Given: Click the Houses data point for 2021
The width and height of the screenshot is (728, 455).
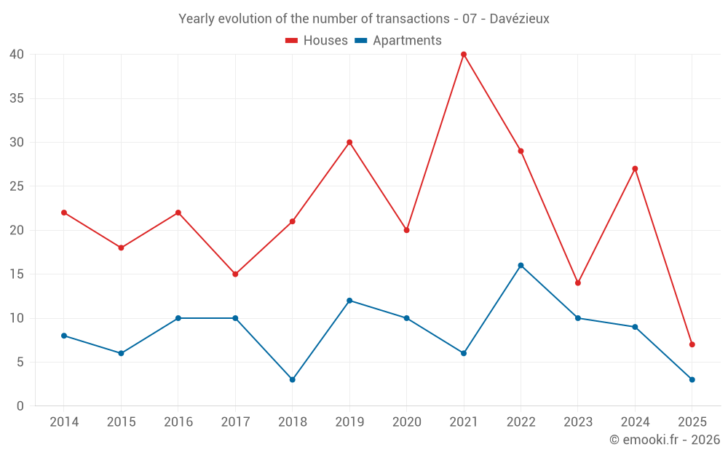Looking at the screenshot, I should [x=464, y=55].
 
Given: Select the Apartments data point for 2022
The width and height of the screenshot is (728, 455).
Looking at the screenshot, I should [x=521, y=266].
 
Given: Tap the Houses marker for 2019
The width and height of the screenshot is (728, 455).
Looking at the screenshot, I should [x=349, y=143].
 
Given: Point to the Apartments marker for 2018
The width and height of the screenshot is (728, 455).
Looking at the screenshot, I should [x=292, y=380].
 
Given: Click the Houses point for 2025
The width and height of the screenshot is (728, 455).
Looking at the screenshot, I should [x=692, y=344].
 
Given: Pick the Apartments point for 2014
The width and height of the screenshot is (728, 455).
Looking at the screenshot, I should [x=64, y=336].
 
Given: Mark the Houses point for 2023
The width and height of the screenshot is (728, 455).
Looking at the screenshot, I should [x=578, y=283].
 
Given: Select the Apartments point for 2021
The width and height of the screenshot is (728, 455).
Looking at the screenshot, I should [x=464, y=353].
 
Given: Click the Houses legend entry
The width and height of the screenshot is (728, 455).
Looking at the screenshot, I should [x=317, y=41].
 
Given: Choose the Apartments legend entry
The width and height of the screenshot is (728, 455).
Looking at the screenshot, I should [x=398, y=41].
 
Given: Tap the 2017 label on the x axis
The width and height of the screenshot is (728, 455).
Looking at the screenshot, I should [x=235, y=422].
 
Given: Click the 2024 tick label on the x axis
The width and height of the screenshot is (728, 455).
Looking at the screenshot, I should [x=635, y=422].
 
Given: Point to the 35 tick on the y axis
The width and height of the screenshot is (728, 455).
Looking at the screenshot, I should [x=17, y=98].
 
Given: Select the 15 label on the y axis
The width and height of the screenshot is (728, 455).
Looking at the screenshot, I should [x=17, y=274].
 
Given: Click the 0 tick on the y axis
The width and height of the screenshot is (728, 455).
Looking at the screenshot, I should [x=20, y=406].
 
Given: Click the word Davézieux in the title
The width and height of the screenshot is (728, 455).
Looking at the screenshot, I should [x=520, y=19].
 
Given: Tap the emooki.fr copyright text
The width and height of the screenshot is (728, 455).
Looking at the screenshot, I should [x=665, y=440].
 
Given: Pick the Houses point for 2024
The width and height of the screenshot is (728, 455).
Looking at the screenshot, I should [x=635, y=169].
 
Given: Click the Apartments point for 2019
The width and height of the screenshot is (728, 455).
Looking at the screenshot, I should [x=349, y=301].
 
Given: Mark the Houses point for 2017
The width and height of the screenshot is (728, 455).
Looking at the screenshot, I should [x=235, y=274].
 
